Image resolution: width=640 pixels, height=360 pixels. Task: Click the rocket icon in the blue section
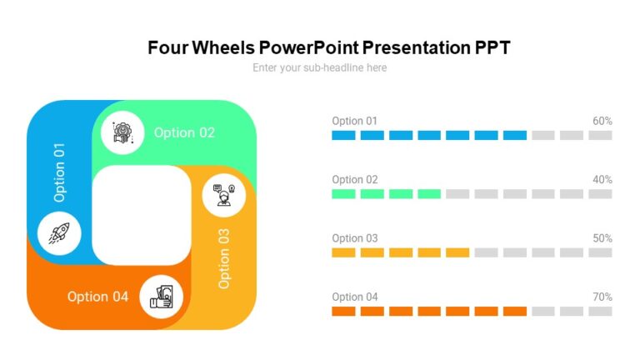pyautogui.click(x=59, y=232)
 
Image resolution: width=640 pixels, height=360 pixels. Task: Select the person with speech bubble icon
pyautogui.click(x=223, y=195)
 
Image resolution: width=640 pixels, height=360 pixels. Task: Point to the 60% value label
pyautogui.click(x=602, y=121)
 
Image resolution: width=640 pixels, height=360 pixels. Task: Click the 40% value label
pyautogui.click(x=602, y=179)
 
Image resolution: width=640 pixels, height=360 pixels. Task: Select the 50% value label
pyautogui.click(x=602, y=238)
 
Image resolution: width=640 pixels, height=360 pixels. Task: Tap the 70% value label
pyautogui.click(x=602, y=297)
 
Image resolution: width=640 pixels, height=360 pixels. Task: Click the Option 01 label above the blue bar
pyautogui.click(x=354, y=121)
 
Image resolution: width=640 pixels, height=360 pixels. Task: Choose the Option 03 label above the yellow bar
pyautogui.click(x=354, y=238)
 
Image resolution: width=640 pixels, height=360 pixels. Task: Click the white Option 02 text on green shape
pyautogui.click(x=184, y=132)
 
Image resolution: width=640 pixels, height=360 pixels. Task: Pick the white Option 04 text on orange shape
pyautogui.click(x=97, y=297)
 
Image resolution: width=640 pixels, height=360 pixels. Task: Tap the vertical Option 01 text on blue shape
pyautogui.click(x=59, y=172)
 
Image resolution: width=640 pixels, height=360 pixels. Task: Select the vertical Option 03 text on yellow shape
pyautogui.click(x=224, y=257)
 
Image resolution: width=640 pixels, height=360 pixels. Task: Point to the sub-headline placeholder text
pyautogui.click(x=320, y=67)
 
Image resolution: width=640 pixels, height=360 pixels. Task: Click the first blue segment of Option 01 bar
pyautogui.click(x=343, y=135)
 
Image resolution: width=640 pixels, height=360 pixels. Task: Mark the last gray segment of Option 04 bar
pyautogui.click(x=600, y=311)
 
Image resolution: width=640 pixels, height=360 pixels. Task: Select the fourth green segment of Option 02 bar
pyautogui.click(x=428, y=193)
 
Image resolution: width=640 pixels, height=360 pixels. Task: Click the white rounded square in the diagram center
pyautogui.click(x=141, y=214)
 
